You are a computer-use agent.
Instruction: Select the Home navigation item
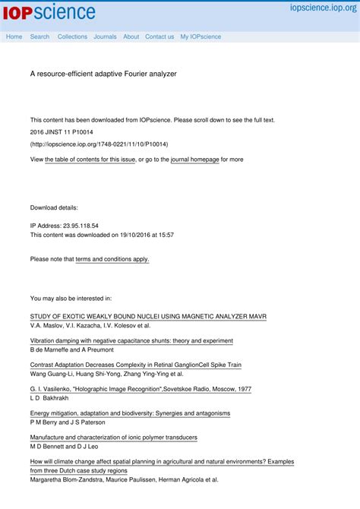14,36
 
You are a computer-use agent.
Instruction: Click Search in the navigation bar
39,36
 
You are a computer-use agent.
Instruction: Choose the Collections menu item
72,36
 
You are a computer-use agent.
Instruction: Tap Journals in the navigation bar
105,36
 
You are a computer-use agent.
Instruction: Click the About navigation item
131,36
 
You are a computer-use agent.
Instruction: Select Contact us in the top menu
159,36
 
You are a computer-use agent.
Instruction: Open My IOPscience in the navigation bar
201,36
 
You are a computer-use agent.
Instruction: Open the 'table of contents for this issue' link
90,160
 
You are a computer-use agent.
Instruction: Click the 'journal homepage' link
194,160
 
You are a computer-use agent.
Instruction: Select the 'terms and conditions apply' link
112,259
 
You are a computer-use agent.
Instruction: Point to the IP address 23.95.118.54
65,226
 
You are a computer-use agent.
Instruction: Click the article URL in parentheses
99,144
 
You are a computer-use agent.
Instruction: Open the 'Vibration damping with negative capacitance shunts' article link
131,340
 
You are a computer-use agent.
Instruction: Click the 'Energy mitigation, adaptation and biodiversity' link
130,413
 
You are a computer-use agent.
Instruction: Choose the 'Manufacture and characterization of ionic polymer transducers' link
113,438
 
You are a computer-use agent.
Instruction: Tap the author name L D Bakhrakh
49,397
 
